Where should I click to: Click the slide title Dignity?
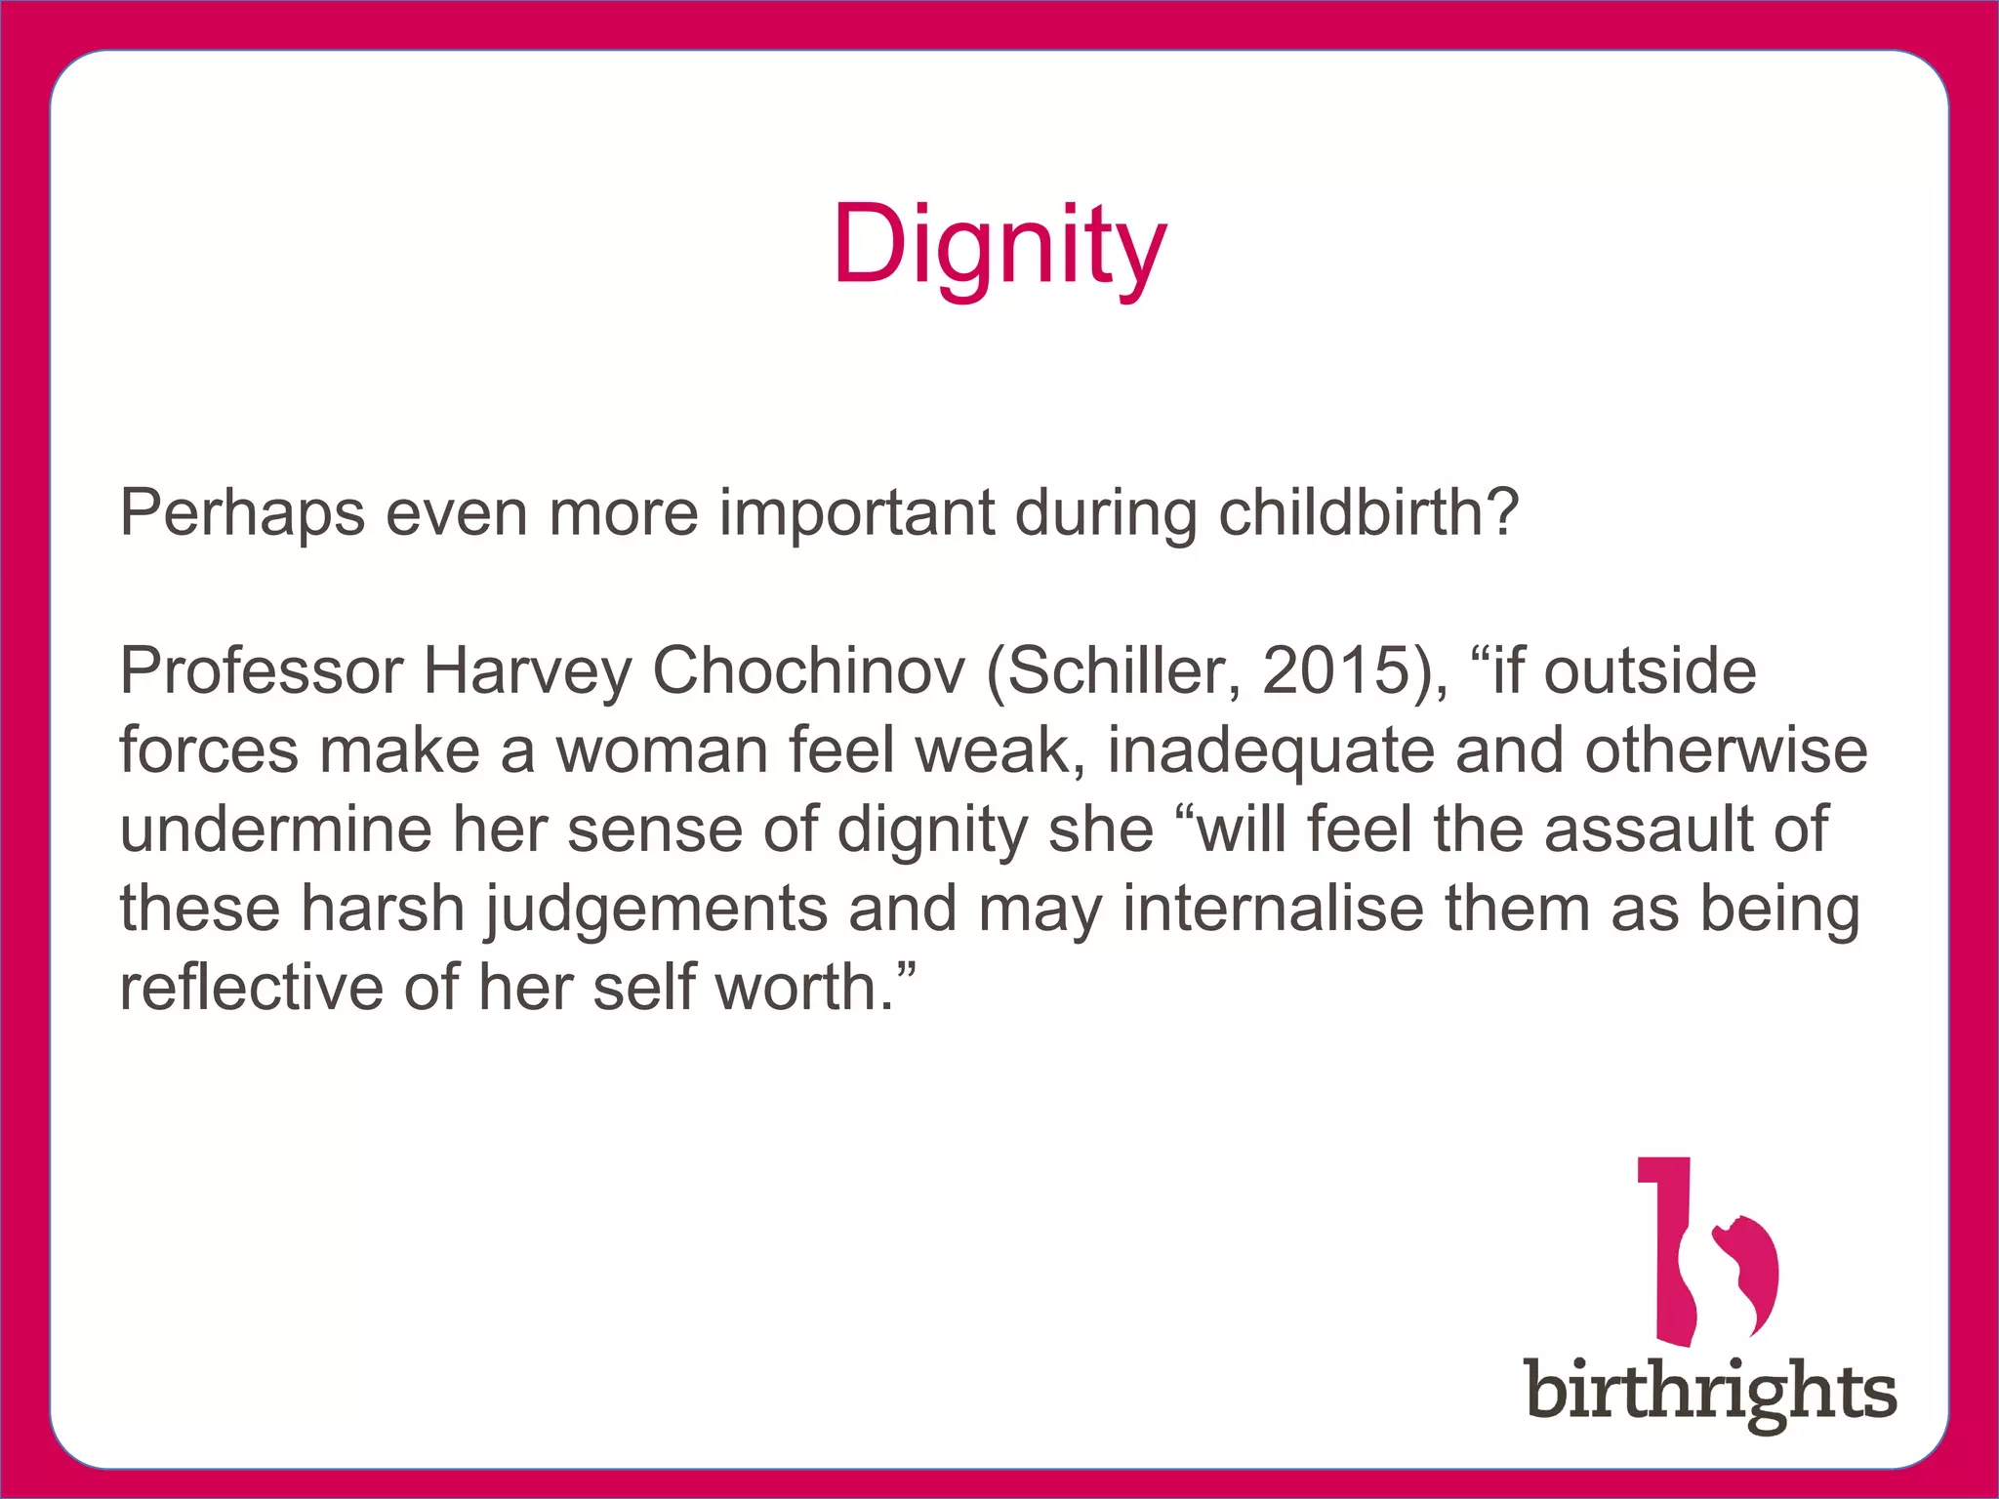pyautogui.click(x=999, y=246)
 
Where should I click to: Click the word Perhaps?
pyautogui.click(x=242, y=513)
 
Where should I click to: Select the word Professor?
pyautogui.click(x=261, y=671)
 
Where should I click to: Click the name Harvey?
pyautogui.click(x=527, y=673)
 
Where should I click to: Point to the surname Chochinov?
pyautogui.click(x=808, y=671)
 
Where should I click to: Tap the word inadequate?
pyautogui.click(x=1270, y=751)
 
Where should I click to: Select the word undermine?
pyautogui.click(x=275, y=830)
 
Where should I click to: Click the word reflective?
pyautogui.click(x=252, y=988)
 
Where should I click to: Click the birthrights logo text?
pyautogui.click(x=1711, y=1392)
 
